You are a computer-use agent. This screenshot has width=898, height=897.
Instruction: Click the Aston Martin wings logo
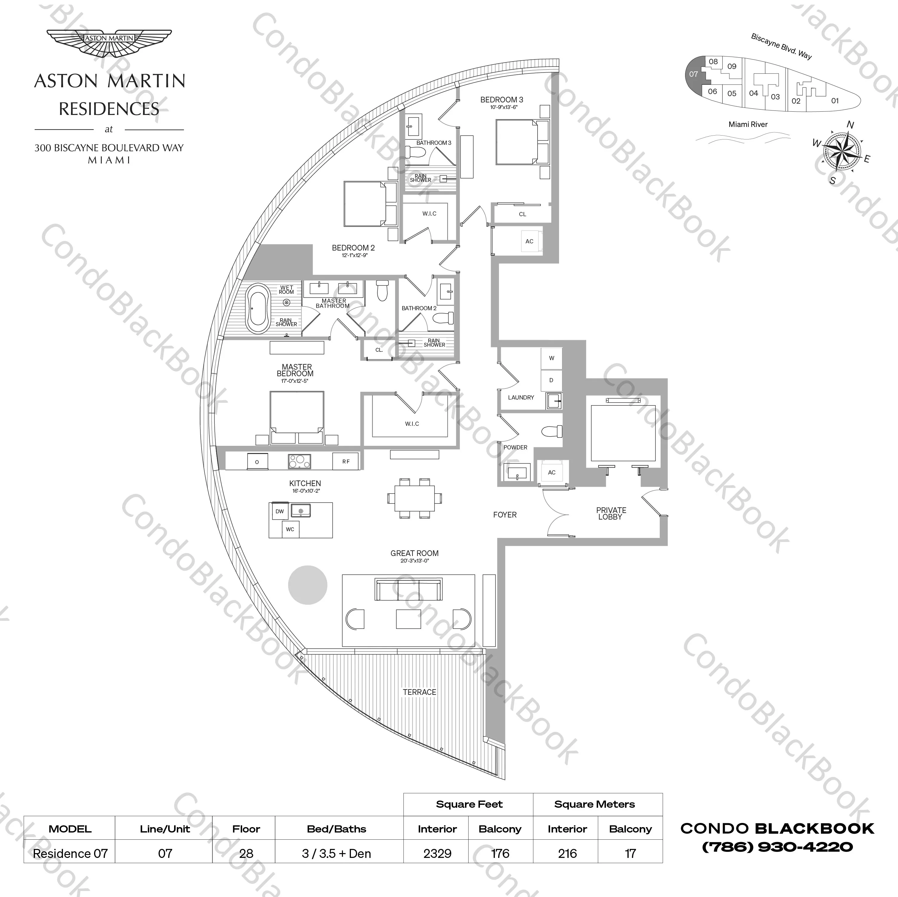109,43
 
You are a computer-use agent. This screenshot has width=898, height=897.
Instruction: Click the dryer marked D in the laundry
551,380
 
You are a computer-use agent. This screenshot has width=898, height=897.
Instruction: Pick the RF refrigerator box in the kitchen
346,462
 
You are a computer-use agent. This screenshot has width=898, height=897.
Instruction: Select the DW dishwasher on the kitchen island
279,511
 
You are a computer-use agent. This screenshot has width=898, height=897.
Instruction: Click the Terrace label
419,692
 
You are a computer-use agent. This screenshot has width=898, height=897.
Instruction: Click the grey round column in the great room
307,585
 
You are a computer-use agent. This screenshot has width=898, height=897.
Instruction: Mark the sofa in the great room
408,590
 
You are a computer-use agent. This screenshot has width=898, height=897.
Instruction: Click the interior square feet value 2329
438,854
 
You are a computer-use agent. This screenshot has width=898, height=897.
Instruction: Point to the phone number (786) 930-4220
777,847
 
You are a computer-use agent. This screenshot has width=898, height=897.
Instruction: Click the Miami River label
748,125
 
